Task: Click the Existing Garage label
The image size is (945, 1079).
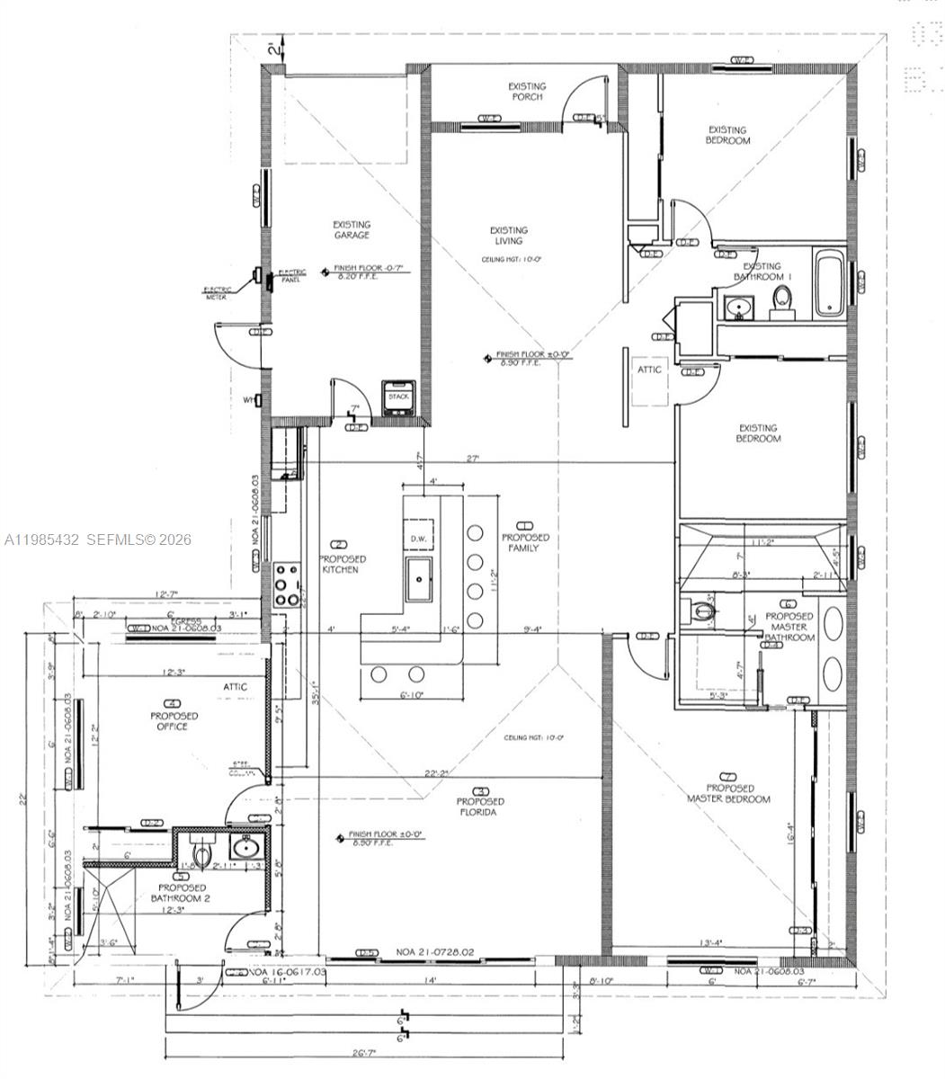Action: pos(351,230)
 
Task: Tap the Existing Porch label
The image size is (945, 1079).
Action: pos(527,92)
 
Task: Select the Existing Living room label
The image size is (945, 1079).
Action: pos(509,236)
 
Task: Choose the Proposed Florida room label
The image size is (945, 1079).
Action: pos(480,807)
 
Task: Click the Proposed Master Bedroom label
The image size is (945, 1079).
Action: pos(728,793)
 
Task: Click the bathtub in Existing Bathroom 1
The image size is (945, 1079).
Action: pos(827,283)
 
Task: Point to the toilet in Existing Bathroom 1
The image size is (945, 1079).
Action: pos(783,301)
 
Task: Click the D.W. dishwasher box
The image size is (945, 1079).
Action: pos(420,539)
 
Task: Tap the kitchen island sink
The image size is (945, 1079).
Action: pos(420,578)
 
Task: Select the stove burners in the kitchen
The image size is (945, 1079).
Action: pos(287,585)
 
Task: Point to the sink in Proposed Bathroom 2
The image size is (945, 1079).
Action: pos(243,847)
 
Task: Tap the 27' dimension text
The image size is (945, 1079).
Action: pos(473,459)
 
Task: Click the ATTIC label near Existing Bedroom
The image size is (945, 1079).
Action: pos(649,370)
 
